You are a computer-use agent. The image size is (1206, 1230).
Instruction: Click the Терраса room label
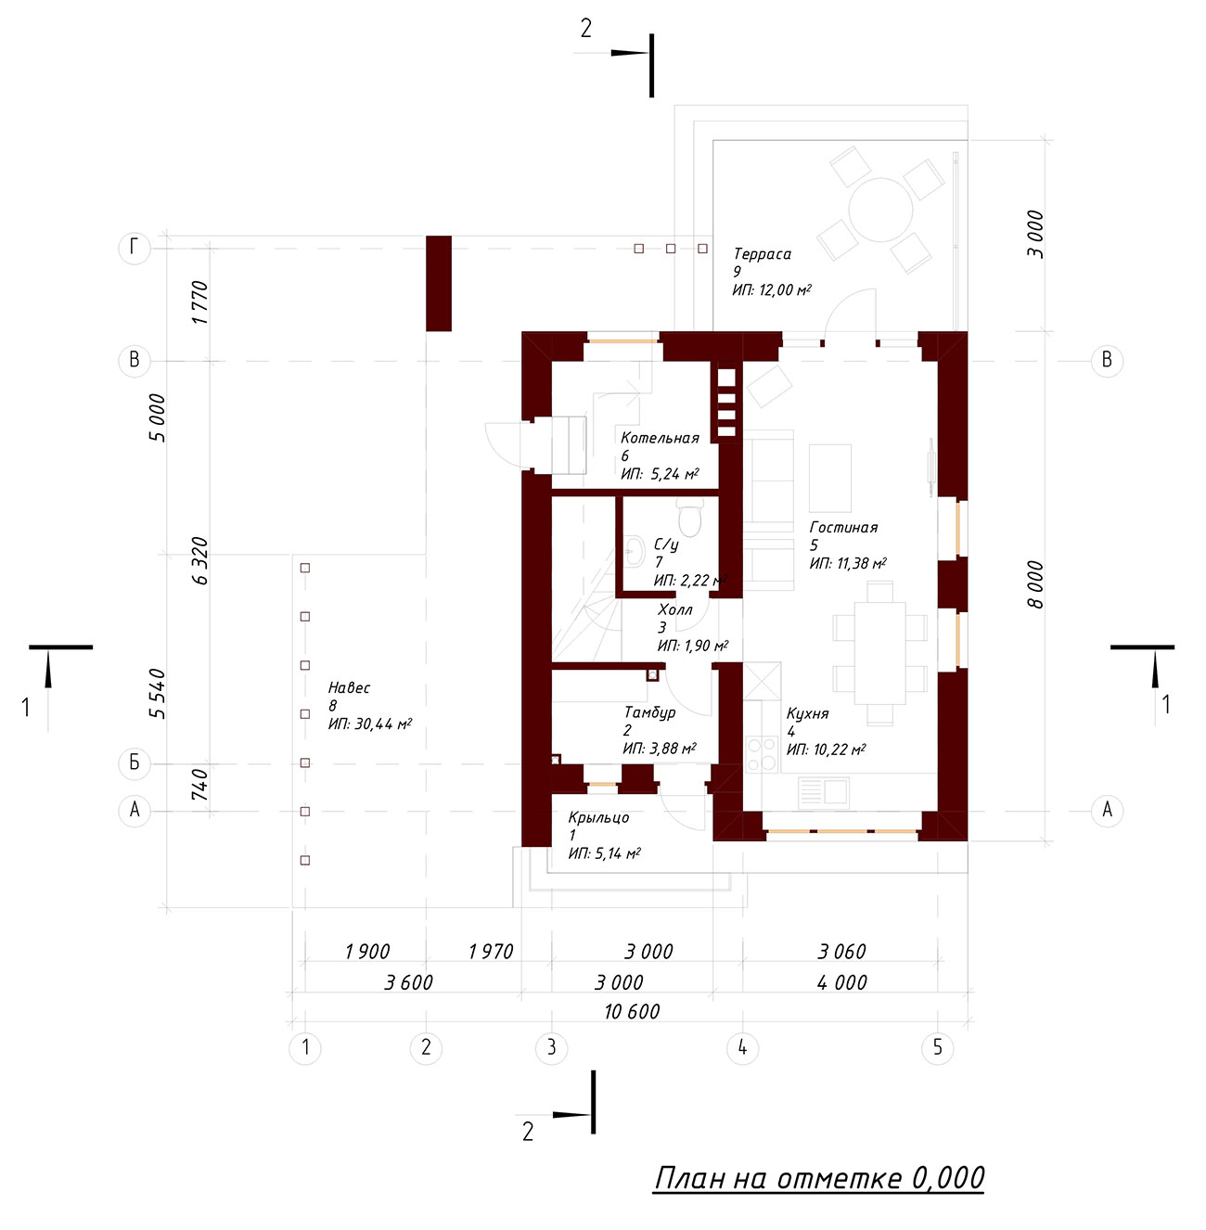coord(763,254)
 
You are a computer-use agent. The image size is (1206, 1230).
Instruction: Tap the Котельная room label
coord(660,438)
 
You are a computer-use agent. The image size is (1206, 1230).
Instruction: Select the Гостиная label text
coord(843,527)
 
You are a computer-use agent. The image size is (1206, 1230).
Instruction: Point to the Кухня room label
coord(807,713)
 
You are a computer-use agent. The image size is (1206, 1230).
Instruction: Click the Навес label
coord(349,687)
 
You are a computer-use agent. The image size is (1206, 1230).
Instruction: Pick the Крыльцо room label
coord(598,817)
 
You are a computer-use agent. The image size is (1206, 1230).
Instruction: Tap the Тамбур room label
coord(649,712)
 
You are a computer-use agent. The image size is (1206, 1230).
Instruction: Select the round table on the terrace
coord(880,210)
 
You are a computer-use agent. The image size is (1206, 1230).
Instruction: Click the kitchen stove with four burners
coord(762,754)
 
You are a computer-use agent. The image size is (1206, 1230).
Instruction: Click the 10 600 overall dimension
coord(632,1012)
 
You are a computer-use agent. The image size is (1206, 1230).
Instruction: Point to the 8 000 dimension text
coord(1035,584)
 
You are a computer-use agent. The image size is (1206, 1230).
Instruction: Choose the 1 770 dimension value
coord(199,302)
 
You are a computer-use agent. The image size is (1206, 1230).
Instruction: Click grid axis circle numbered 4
coord(742,1047)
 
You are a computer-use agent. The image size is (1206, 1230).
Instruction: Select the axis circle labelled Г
coord(135,248)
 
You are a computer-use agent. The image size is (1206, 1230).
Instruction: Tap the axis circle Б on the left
coord(135,763)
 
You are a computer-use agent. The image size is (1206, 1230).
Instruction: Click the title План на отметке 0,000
coord(819,1178)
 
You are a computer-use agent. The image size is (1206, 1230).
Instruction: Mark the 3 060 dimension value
coord(841,952)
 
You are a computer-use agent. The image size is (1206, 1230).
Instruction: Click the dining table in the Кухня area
coord(879,653)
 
